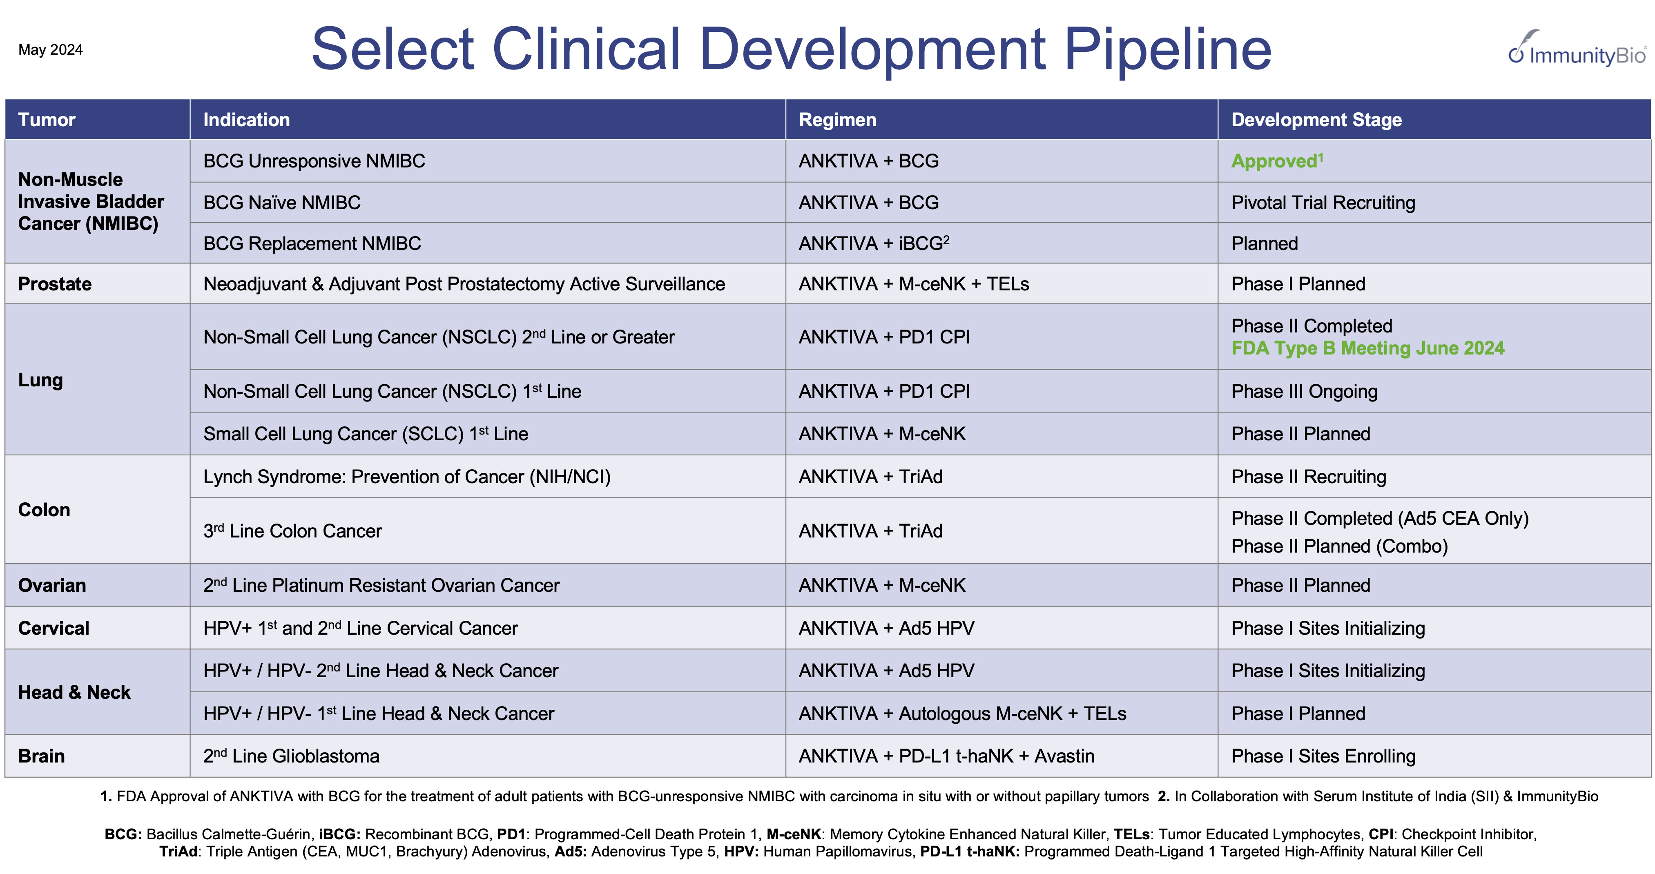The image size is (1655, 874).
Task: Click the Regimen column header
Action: tap(837, 120)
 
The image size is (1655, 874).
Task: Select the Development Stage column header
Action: tap(1316, 120)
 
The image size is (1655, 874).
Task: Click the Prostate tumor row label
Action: tap(55, 284)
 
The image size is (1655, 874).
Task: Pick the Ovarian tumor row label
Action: tap(52, 585)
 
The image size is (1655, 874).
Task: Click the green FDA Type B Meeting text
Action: tap(1367, 348)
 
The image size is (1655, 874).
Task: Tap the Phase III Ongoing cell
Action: tap(1304, 391)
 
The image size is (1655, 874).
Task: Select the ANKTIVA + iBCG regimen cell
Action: tap(873, 243)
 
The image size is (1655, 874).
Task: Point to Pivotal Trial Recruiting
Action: tap(1323, 203)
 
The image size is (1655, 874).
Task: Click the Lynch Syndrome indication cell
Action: tap(407, 477)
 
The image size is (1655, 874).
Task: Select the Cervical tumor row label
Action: tap(54, 629)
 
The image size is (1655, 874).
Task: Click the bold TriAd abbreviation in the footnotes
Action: tap(178, 852)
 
